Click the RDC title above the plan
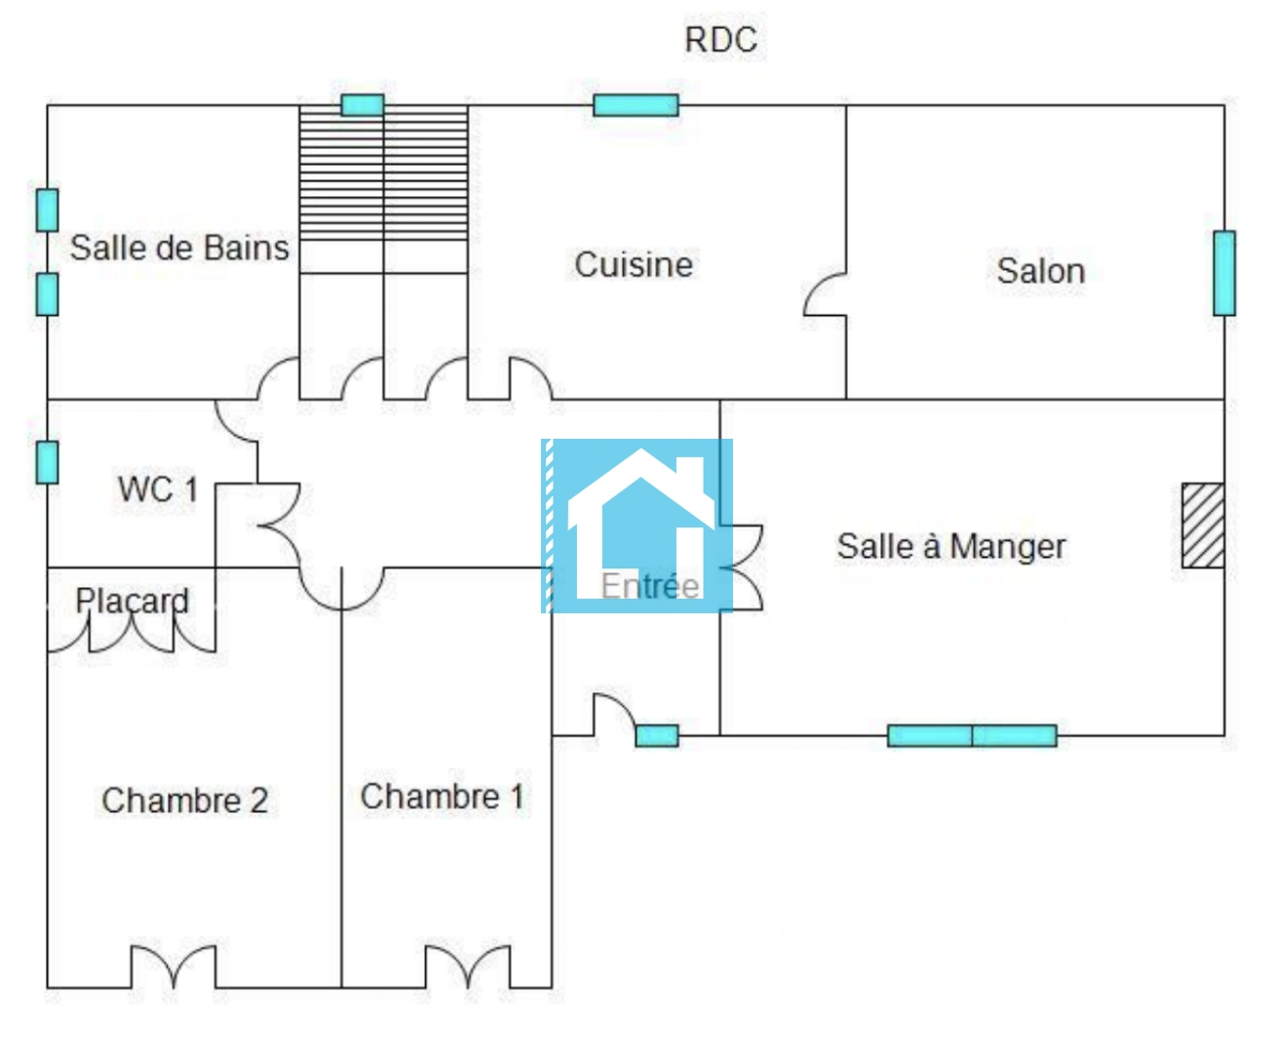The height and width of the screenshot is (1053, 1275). click(720, 40)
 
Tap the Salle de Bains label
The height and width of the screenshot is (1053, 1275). click(179, 248)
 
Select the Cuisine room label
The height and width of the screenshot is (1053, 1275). click(634, 264)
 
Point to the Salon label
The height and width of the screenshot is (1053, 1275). click(1040, 270)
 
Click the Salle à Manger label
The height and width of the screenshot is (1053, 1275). click(950, 546)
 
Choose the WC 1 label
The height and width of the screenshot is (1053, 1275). click(158, 488)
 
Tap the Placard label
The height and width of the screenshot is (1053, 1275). click(132, 601)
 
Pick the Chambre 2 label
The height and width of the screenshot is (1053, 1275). click(184, 800)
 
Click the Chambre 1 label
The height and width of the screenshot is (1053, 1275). click(443, 797)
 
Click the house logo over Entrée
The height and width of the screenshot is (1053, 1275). click(637, 526)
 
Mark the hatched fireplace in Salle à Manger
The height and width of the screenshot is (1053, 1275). click(1203, 526)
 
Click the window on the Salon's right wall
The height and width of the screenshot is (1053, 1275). click(1224, 273)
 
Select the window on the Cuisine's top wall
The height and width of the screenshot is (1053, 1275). click(636, 104)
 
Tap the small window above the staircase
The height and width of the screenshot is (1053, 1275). click(362, 104)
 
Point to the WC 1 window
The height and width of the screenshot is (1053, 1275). click(47, 462)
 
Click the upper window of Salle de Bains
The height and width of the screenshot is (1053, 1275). click(47, 211)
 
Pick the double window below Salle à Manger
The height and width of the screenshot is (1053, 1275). click(972, 735)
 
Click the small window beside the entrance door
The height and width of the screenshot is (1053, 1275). click(657, 735)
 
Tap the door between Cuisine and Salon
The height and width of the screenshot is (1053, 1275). click(826, 294)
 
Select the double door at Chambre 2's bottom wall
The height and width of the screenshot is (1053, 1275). click(174, 967)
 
